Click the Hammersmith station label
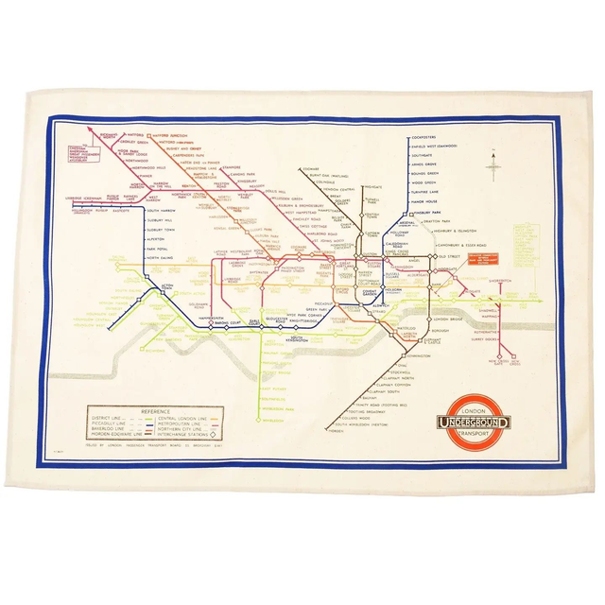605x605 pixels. [x=193, y=319]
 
